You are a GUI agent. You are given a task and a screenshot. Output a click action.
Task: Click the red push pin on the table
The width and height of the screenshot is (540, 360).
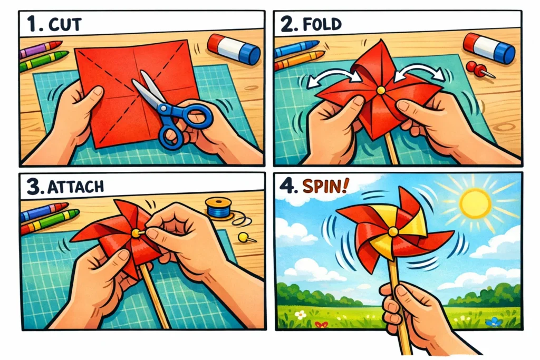click(x=478, y=69)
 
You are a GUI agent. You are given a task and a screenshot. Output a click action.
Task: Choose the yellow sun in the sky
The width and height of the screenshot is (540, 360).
click(x=475, y=203)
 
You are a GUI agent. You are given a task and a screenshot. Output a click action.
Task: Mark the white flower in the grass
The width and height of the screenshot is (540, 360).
click(x=301, y=315)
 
